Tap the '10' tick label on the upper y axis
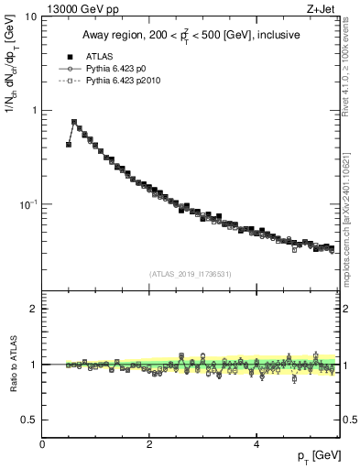pos(31,16)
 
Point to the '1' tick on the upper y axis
pos(35,110)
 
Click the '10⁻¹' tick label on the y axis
pos(28,203)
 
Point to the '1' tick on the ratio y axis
pos(34,365)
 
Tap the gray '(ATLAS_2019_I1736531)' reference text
pos(190,274)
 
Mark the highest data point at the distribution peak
pos(74,122)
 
